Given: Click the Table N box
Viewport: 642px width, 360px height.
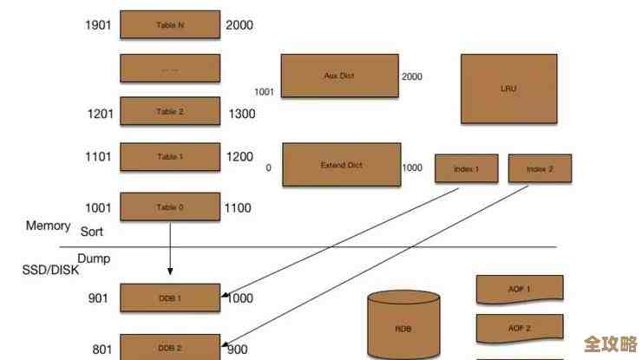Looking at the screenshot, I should (170, 25).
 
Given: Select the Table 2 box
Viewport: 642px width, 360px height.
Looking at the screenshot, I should (170, 112).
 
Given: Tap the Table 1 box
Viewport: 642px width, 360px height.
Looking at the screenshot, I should (170, 157).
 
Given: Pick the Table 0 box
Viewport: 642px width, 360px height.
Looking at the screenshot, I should (170, 207).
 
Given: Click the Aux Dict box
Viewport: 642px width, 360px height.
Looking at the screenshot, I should (339, 76).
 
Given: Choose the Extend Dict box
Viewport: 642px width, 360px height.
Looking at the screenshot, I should (342, 165).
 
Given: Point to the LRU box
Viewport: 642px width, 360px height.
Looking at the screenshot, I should (508, 88).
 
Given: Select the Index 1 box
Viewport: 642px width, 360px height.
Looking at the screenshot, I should (466, 168).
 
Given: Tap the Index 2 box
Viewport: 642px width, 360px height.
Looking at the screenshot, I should (540, 168).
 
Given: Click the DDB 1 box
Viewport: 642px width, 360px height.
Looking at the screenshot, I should (170, 298).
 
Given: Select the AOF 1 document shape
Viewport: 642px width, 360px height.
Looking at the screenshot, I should (520, 289).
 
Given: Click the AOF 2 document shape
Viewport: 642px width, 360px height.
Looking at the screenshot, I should (520, 329).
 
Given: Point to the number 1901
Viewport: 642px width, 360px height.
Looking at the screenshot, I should (98, 25).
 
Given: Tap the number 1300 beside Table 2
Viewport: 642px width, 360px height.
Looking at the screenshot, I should (242, 114).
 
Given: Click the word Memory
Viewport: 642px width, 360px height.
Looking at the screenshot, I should (48, 226).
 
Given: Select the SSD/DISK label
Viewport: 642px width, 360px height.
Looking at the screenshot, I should (50, 270).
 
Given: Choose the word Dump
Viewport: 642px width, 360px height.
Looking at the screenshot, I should (94, 259).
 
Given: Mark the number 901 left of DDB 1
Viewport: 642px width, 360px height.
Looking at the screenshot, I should (99, 298).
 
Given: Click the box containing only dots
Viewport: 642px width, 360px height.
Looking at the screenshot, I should (170, 69).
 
